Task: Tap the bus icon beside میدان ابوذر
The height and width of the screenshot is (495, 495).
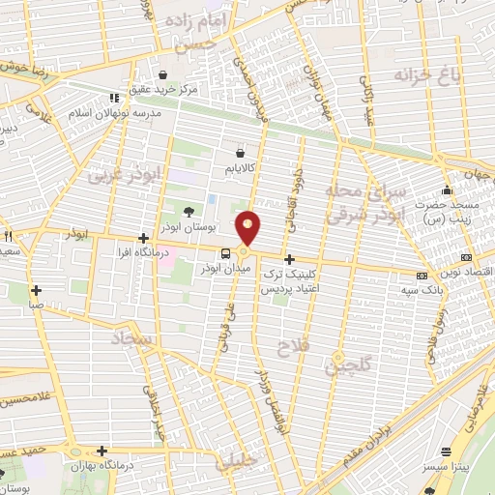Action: pyautogui.click(x=224, y=253)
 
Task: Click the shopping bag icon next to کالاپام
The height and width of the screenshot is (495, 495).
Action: pyautogui.click(x=240, y=152)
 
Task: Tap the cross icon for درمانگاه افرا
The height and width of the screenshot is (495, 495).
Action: pyautogui.click(x=143, y=238)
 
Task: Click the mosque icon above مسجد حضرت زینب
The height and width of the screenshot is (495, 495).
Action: pyautogui.click(x=446, y=190)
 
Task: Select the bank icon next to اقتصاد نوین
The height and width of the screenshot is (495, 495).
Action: pyautogui.click(x=467, y=258)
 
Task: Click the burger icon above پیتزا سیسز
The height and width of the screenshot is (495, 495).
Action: pyautogui.click(x=446, y=452)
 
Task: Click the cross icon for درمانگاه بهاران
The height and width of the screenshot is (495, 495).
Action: pyautogui.click(x=102, y=451)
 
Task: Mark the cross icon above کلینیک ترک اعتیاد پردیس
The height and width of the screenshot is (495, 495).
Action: pyautogui.click(x=289, y=260)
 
